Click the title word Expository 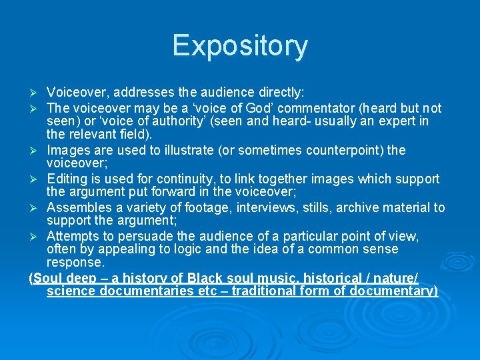coord(240,46)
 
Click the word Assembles coord(79,207)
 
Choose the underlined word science coord(71,291)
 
